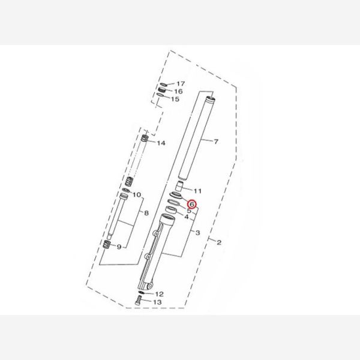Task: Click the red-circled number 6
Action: [x=192, y=204]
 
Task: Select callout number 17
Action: [x=181, y=84]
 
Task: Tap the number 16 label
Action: [x=178, y=91]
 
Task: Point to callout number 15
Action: [x=175, y=99]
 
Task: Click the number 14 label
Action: [x=161, y=143]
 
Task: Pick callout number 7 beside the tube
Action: [x=216, y=142]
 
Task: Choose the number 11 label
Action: [x=197, y=191]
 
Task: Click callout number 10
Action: [x=137, y=195]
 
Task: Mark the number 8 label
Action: [x=146, y=213]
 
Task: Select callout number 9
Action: [x=119, y=247]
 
